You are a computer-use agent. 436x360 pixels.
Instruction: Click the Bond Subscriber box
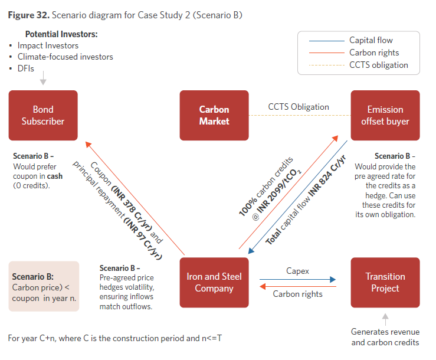point(43,115)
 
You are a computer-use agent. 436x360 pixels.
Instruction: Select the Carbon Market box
point(214,115)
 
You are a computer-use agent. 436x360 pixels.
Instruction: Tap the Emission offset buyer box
point(385,115)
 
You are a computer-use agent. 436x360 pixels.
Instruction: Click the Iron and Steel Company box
point(214,283)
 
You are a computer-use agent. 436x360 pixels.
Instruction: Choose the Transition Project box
point(385,283)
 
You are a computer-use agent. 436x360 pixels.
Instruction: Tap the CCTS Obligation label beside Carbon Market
point(299,107)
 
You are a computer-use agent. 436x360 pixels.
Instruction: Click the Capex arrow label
point(297,271)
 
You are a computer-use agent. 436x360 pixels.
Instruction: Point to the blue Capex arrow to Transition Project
point(297,279)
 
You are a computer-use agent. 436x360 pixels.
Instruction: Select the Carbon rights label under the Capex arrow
point(297,294)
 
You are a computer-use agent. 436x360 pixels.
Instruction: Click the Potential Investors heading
point(61,34)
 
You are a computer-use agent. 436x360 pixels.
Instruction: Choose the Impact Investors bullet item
point(48,45)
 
